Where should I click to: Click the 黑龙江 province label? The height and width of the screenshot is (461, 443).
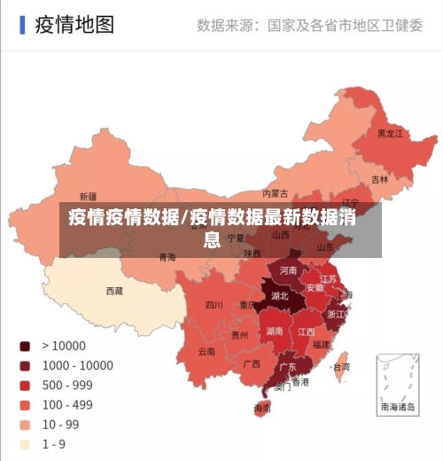click(390, 134)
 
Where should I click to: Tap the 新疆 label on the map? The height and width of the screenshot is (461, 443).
click(88, 196)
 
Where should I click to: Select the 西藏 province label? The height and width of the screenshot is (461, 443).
click(114, 291)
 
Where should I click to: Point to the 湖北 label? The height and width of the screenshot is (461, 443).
click(280, 296)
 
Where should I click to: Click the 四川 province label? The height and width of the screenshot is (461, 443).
click(214, 305)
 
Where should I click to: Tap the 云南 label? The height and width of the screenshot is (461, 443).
click(206, 351)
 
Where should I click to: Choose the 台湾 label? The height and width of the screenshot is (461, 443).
click(340, 366)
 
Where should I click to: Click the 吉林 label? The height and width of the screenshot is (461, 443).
click(379, 179)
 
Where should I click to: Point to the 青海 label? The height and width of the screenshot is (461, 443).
click(167, 257)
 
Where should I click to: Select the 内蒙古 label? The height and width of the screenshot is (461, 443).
click(276, 193)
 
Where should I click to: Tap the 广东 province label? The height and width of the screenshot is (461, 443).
click(288, 366)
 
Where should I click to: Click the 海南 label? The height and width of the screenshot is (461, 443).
click(262, 409)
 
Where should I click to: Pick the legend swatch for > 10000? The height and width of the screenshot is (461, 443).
click(25, 346)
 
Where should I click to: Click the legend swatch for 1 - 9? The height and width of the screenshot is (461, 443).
click(25, 444)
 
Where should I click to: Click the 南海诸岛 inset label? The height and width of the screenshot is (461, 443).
click(398, 408)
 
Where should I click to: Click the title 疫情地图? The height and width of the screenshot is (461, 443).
click(74, 24)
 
